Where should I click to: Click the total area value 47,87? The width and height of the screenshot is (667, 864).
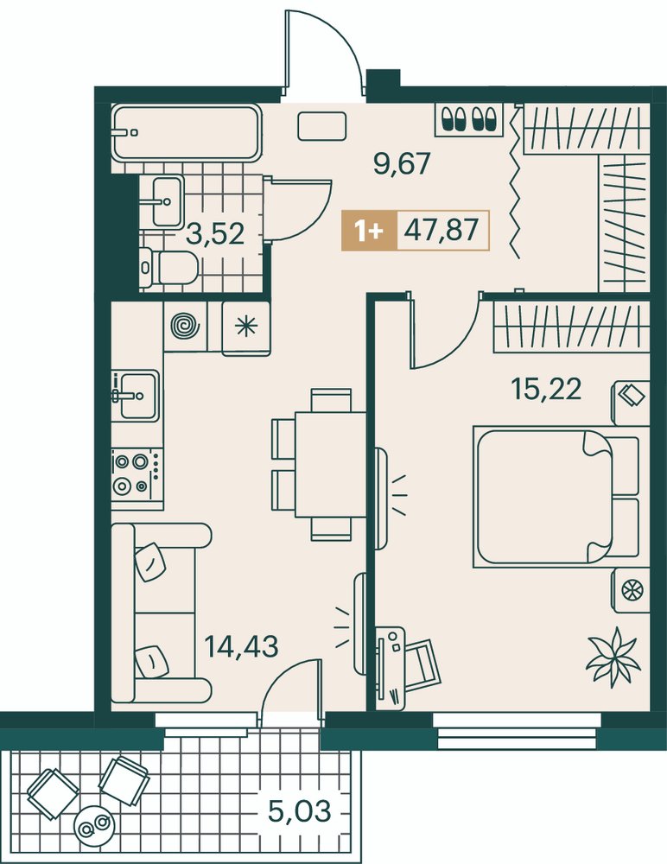[x=441, y=229]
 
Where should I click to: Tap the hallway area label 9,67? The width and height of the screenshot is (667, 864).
[x=401, y=164]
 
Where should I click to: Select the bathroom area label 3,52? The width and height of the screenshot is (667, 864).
[x=215, y=234]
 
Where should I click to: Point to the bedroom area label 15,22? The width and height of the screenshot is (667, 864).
[x=546, y=390]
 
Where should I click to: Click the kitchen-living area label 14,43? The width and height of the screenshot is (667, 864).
[x=241, y=645]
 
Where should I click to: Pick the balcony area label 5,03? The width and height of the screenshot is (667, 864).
[x=299, y=810]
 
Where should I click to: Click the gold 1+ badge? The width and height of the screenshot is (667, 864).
[x=369, y=231]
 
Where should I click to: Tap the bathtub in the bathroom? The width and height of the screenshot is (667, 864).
[x=187, y=133]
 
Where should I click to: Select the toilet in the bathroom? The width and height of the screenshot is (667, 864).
[x=168, y=267]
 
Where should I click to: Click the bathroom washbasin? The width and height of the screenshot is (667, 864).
[x=168, y=201]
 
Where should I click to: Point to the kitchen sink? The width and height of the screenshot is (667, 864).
[x=136, y=395]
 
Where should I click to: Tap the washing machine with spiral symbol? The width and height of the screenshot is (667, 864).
[x=185, y=327]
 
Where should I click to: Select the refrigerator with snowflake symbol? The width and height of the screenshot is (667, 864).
[x=246, y=327]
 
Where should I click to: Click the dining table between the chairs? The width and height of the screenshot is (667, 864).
[x=331, y=465]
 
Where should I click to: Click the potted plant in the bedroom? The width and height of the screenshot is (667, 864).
[x=613, y=657]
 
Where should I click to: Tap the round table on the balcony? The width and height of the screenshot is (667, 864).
[x=94, y=824]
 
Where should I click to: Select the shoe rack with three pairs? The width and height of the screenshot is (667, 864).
[x=470, y=119]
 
